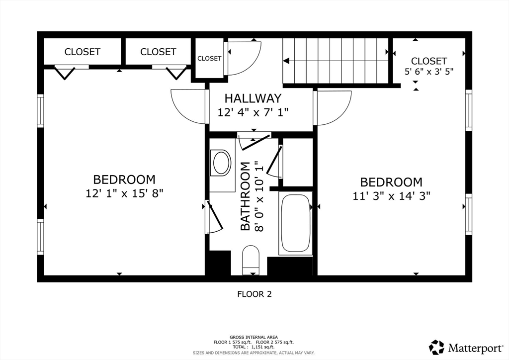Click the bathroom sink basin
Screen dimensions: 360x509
coord(221,163)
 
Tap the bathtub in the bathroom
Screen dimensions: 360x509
coord(295,224)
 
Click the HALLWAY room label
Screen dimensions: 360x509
coord(253,98)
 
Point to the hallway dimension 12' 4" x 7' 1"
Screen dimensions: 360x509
coord(253,112)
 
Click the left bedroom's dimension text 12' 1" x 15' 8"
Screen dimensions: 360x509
coord(124,193)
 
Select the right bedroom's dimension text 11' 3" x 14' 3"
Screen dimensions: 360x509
coord(391,196)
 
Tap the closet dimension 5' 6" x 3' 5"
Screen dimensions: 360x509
coord(429,71)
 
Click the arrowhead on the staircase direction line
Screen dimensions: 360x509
coord(286,61)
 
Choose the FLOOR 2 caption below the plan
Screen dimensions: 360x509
coord(254,294)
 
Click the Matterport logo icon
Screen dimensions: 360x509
coord(437,347)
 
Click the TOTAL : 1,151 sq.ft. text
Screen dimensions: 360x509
coord(254,347)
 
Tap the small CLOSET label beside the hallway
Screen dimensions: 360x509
coord(209,58)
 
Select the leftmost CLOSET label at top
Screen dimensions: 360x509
coord(82,52)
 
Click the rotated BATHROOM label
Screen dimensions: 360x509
coord(245,196)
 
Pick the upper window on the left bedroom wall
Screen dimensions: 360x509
coord(40,111)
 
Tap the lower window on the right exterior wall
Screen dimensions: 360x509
coord(468,214)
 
